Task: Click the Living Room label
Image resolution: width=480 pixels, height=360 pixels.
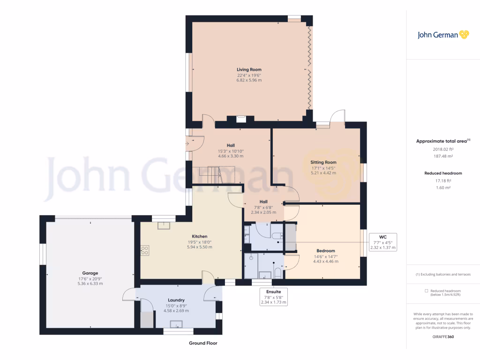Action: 249,69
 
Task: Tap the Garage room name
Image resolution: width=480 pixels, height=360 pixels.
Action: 90,273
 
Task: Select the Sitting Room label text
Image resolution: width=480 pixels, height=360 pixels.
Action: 323,162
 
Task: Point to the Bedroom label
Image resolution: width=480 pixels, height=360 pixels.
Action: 325,251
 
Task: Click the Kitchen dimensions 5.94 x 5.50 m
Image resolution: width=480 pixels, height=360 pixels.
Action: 200,247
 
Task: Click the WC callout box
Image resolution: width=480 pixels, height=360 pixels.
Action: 382,242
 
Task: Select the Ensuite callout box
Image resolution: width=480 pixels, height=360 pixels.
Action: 273,297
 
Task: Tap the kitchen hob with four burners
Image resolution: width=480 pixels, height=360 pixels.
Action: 144,250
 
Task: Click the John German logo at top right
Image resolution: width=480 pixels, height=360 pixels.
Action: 443,34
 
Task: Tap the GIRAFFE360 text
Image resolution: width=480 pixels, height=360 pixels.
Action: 443,337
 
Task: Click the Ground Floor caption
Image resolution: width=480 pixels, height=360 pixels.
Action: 203,343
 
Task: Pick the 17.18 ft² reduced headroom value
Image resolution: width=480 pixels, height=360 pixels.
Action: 443,181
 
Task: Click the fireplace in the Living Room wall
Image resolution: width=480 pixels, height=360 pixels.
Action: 241,119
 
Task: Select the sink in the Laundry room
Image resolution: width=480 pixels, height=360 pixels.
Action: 177,323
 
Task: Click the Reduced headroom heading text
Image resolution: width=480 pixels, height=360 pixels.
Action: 443,173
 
